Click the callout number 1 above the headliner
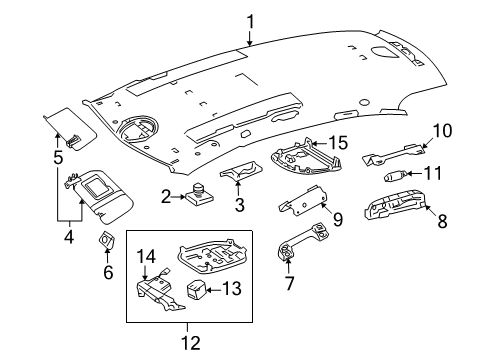[250, 22]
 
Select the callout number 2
[166, 197]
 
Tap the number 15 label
[338, 143]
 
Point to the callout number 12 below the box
[191, 343]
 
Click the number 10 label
[443, 131]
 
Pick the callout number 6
[108, 272]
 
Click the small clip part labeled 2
[199, 194]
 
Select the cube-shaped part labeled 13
[196, 289]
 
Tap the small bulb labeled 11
[396, 176]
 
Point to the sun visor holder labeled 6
[106, 240]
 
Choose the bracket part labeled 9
[302, 201]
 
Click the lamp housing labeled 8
[395, 205]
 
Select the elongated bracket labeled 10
[393, 155]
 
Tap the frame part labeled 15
[306, 157]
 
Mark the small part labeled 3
[241, 171]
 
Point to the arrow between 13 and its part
[213, 290]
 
